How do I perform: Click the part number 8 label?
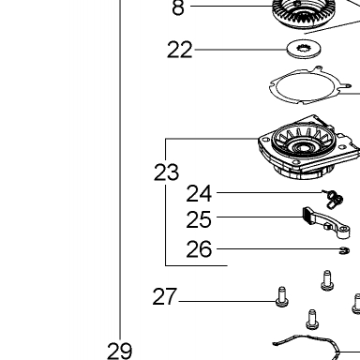click(x=178, y=7)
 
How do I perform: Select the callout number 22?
click(x=179, y=50)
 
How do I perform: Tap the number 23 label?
click(x=166, y=172)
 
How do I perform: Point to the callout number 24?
click(x=199, y=194)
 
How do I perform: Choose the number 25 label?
click(x=199, y=219)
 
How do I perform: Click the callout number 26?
click(x=199, y=249)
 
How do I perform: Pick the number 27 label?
click(x=165, y=296)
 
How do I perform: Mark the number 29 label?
click(x=120, y=352)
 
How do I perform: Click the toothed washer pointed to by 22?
click(x=305, y=49)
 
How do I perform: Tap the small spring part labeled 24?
click(x=334, y=199)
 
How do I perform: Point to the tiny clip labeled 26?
click(x=345, y=250)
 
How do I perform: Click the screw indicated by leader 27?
click(x=282, y=296)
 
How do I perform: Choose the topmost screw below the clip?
click(x=327, y=280)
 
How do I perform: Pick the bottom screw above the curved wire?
click(x=312, y=320)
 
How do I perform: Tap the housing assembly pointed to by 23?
click(x=308, y=147)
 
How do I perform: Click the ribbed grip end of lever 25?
click(x=307, y=216)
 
